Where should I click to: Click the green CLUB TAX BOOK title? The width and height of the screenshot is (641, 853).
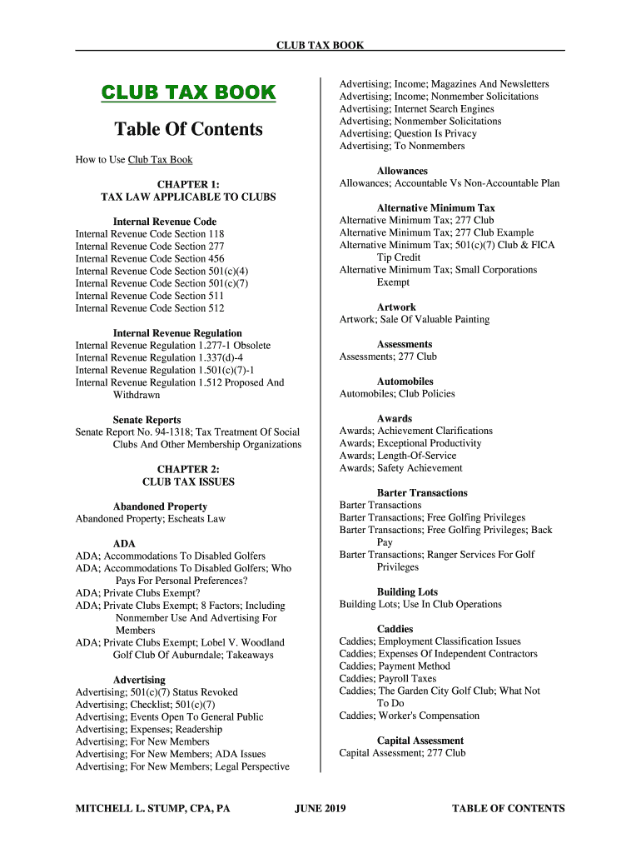click(188, 92)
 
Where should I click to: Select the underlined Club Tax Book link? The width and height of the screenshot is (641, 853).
click(160, 159)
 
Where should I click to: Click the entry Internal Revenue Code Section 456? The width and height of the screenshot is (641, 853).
click(150, 259)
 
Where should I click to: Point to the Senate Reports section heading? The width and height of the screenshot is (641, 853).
click(147, 420)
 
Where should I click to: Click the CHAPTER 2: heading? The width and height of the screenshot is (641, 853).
click(188, 469)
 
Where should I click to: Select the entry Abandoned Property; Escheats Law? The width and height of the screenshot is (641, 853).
click(151, 519)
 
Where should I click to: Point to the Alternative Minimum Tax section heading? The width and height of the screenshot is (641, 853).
click(435, 208)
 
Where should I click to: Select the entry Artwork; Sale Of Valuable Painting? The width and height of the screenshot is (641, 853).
click(415, 320)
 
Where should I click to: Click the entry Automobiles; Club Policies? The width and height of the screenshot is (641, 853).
click(397, 394)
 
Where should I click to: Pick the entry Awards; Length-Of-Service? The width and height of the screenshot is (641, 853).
click(398, 456)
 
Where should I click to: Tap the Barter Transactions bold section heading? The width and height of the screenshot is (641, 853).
click(422, 493)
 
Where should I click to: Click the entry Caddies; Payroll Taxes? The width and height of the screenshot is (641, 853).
click(388, 679)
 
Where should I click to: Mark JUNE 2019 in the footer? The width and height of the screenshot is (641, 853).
click(320, 808)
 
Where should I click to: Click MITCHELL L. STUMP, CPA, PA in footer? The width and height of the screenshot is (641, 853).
click(153, 808)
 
